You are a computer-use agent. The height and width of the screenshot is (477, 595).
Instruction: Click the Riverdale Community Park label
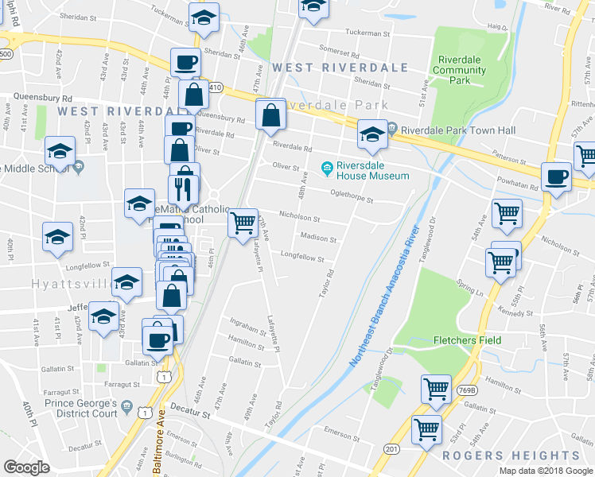460,70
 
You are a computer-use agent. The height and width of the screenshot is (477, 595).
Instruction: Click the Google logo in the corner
26,467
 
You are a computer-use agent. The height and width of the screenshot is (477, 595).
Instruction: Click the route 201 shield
391,450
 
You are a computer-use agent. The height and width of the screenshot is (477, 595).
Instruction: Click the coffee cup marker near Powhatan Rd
555,176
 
